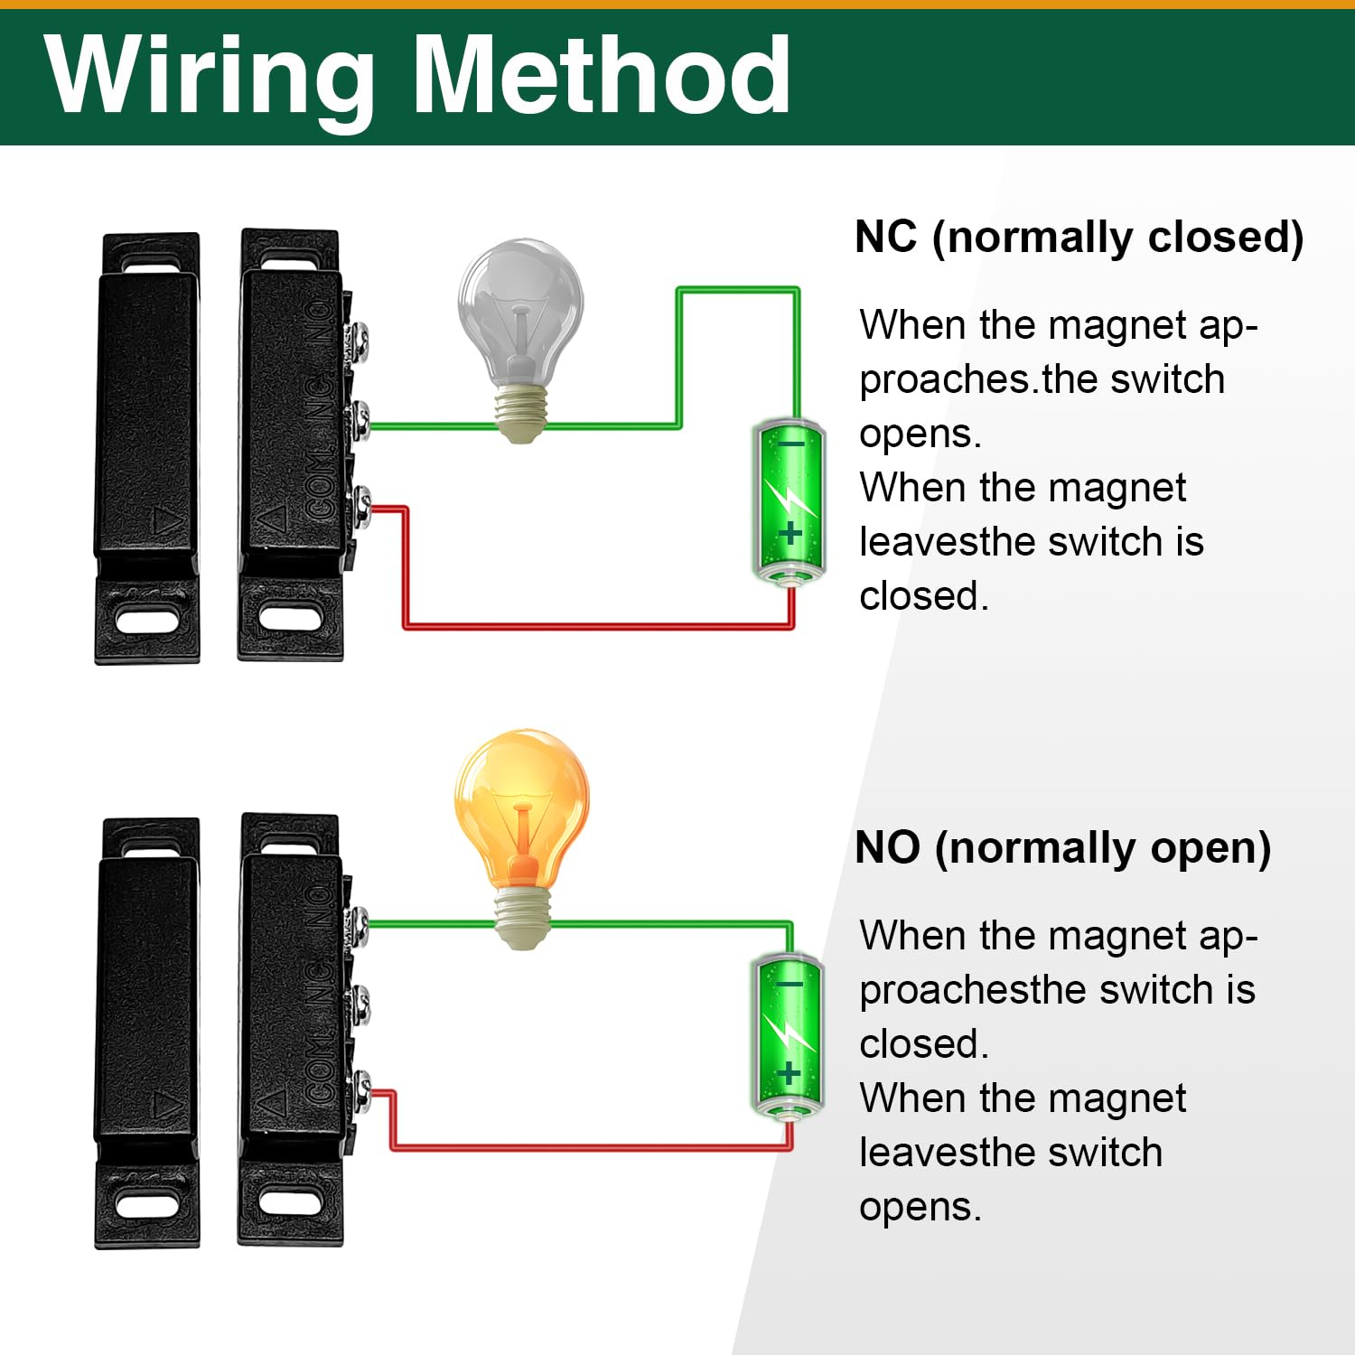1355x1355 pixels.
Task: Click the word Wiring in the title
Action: coord(210,77)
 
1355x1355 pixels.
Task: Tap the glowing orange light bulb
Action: coord(521,813)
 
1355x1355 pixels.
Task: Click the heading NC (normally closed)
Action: coord(1079,237)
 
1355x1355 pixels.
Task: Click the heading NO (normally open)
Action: coord(1062,847)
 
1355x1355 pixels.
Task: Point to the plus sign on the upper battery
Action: coord(791,533)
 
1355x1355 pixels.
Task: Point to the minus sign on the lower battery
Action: coord(789,984)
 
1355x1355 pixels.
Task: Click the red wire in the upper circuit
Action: coord(596,625)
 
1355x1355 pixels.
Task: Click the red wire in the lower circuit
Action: coord(587,1148)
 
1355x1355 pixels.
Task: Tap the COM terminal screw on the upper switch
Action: coord(360,505)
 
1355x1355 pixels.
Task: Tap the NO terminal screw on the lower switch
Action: coord(360,926)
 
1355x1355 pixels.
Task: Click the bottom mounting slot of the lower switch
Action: coord(290,1203)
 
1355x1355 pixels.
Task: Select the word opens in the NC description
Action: coord(919,435)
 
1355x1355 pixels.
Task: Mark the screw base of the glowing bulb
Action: coord(521,917)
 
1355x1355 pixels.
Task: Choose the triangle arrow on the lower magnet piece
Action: coord(165,1104)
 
